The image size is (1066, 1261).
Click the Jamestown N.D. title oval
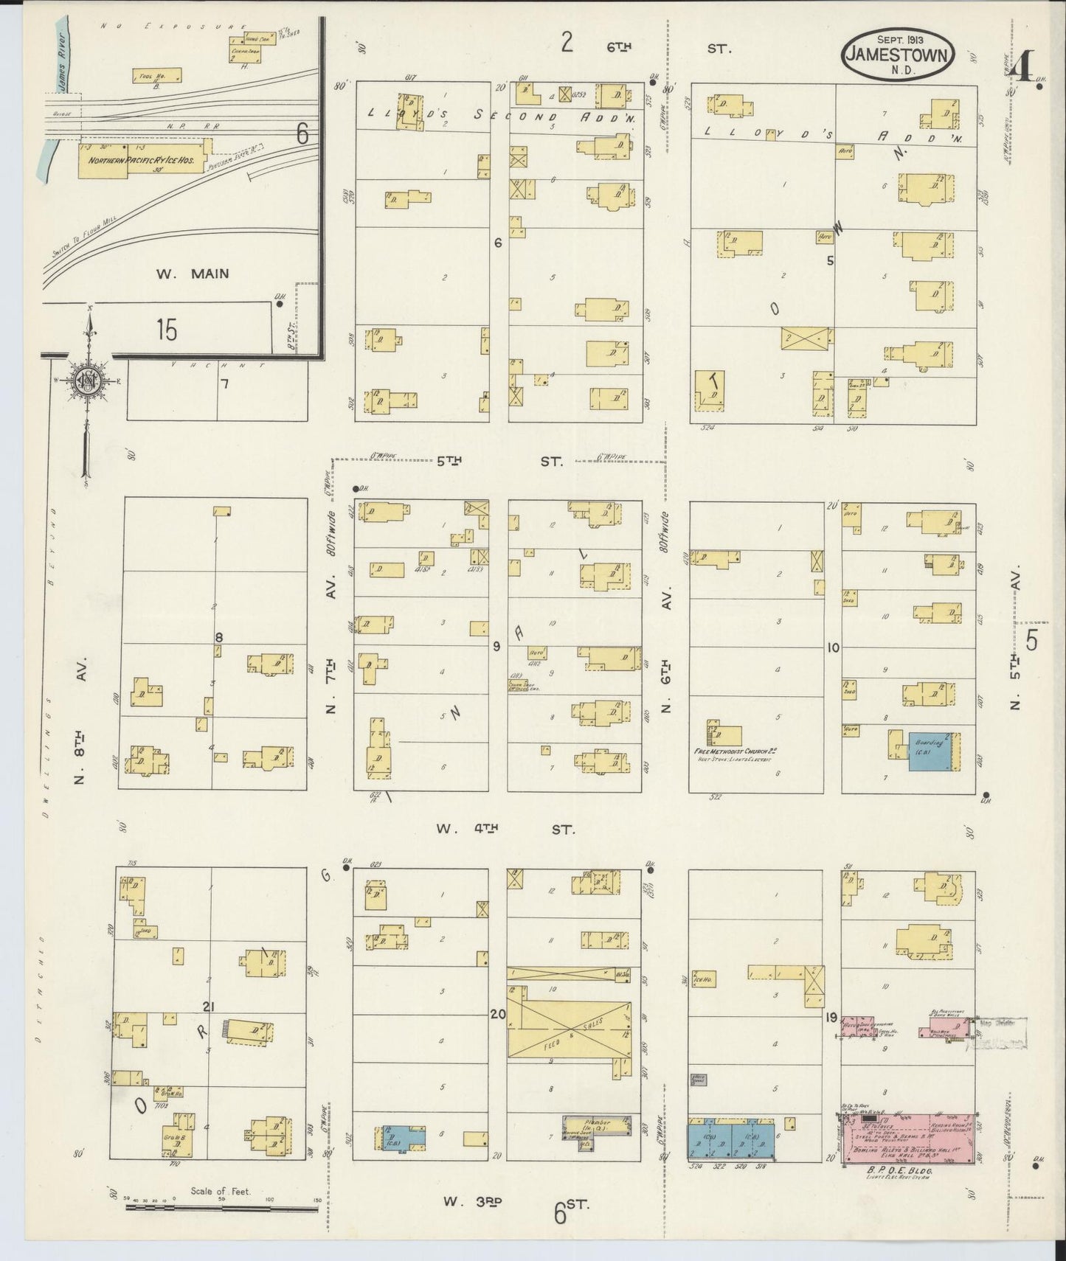point(899,54)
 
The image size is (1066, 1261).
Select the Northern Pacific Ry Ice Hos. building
point(142,159)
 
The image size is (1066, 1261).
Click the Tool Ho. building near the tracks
point(156,75)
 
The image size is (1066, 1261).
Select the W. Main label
point(193,274)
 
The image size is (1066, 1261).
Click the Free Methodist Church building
point(725,734)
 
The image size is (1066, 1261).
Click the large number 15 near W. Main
point(167,330)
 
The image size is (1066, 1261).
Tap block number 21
point(208,1007)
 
